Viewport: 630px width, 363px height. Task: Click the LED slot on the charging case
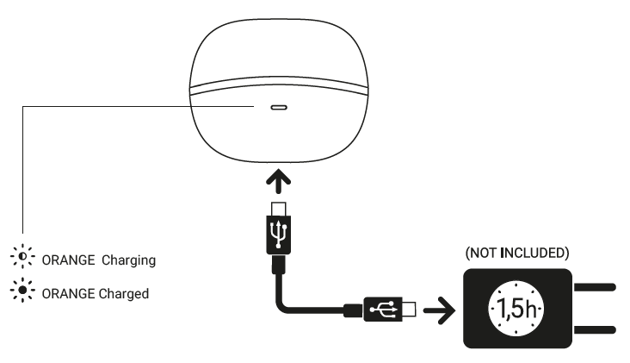point(279,110)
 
